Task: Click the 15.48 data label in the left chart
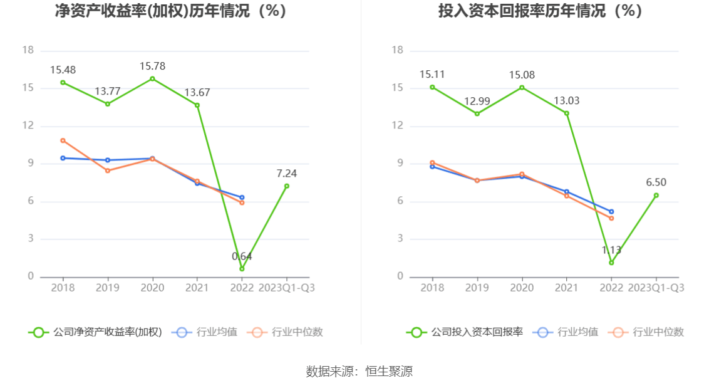click(x=63, y=70)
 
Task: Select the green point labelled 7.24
click(x=287, y=186)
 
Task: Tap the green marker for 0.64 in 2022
click(x=242, y=269)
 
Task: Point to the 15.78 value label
click(x=152, y=66)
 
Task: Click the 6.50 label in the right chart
click(x=656, y=182)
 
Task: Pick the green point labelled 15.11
click(x=432, y=87)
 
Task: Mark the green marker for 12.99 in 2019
click(x=477, y=113)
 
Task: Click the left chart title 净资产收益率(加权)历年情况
click(x=171, y=11)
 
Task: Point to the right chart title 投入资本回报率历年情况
click(x=541, y=11)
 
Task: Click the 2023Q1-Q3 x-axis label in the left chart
click(x=287, y=288)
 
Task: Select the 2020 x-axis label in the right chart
click(x=522, y=288)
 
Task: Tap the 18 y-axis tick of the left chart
click(x=28, y=50)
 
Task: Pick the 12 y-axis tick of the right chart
click(x=396, y=126)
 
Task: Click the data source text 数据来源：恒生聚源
click(x=359, y=371)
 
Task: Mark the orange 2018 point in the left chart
click(x=63, y=140)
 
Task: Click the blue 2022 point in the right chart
click(x=611, y=211)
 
